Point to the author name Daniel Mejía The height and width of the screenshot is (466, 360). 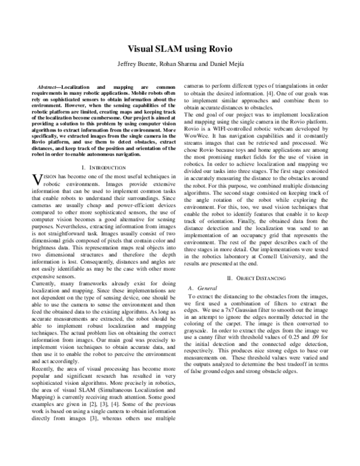click(228, 64)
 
